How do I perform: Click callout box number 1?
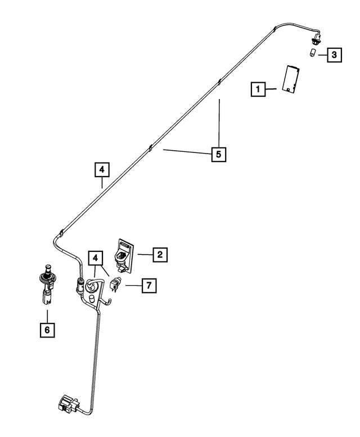click(x=258, y=89)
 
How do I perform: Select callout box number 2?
click(x=160, y=254)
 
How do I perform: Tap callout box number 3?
click(x=334, y=55)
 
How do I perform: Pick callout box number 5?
click(x=218, y=155)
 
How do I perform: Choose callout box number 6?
click(x=47, y=330)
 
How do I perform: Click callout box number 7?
click(x=149, y=285)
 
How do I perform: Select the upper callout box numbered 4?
click(x=102, y=170)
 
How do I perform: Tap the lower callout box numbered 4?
click(x=96, y=258)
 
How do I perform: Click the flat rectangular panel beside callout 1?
click(x=291, y=79)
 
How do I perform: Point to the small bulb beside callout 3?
click(x=313, y=52)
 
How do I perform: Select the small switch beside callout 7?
click(x=115, y=283)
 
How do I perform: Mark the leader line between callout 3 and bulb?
click(x=323, y=55)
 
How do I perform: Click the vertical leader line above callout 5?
click(x=219, y=123)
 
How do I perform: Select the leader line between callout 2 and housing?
click(x=145, y=254)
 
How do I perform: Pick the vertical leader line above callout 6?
click(x=47, y=316)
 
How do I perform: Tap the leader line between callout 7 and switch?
click(x=134, y=285)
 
